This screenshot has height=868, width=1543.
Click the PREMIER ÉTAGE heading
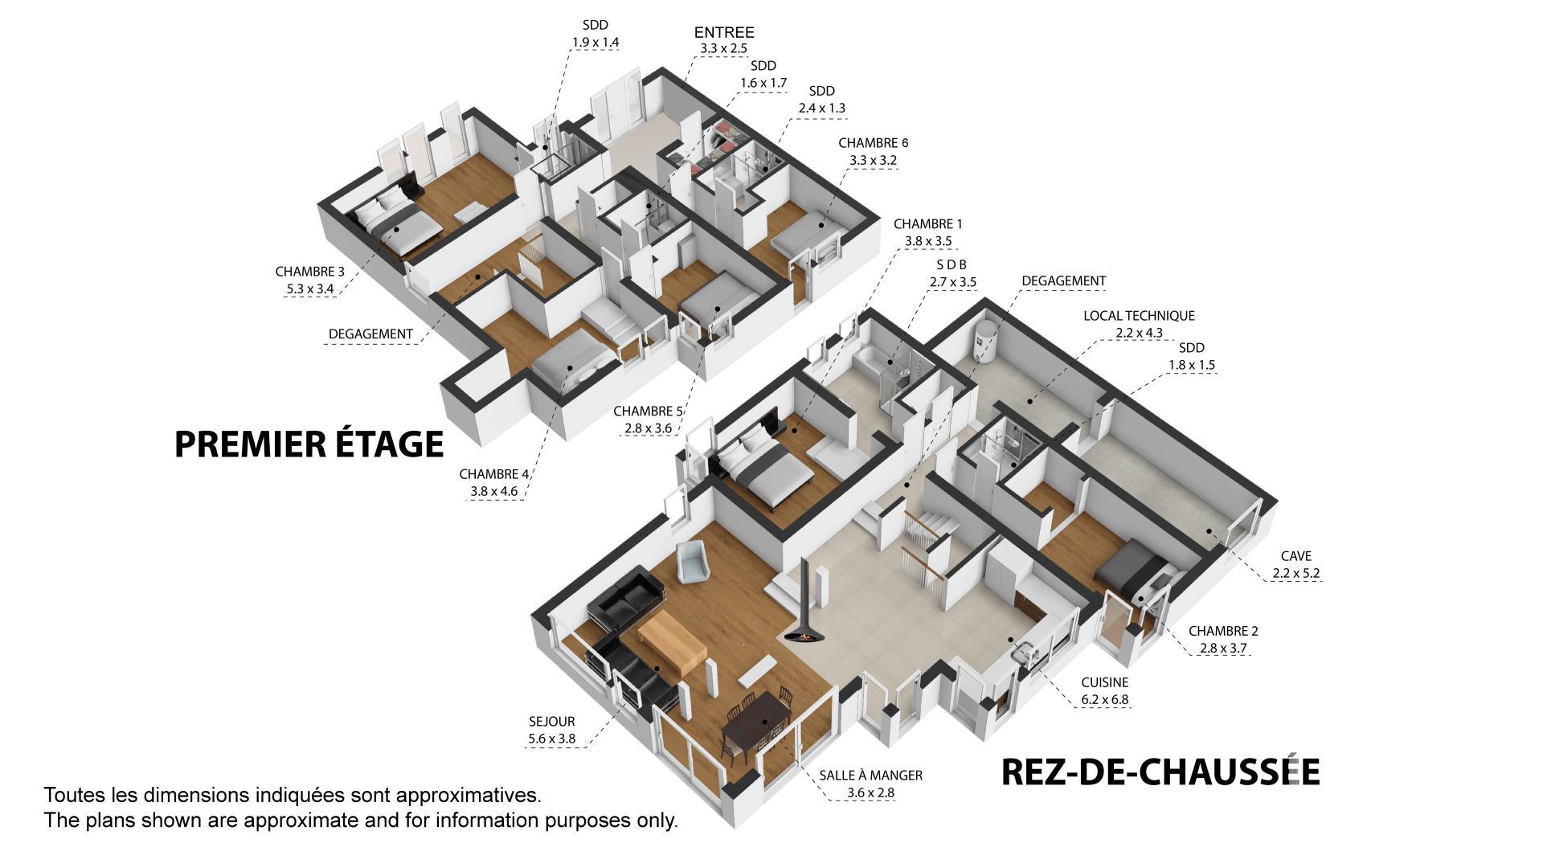tap(309, 444)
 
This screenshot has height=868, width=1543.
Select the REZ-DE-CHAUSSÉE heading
tap(1160, 772)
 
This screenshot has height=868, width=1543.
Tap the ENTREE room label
tap(724, 33)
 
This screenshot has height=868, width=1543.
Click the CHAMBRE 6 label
tap(874, 143)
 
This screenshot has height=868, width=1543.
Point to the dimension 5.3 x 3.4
tap(309, 289)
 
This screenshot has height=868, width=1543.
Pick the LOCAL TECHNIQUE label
tap(1139, 316)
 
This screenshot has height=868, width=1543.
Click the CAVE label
tap(1296, 556)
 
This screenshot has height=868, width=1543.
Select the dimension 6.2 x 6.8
tap(1104, 699)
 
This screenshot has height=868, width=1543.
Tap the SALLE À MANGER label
tap(870, 776)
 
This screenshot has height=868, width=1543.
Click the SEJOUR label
tap(552, 722)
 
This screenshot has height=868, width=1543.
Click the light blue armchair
tap(692, 562)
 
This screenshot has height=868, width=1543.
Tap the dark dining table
tap(756, 724)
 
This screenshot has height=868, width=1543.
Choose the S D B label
tap(952, 264)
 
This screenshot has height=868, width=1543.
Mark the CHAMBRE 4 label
tap(494, 474)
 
